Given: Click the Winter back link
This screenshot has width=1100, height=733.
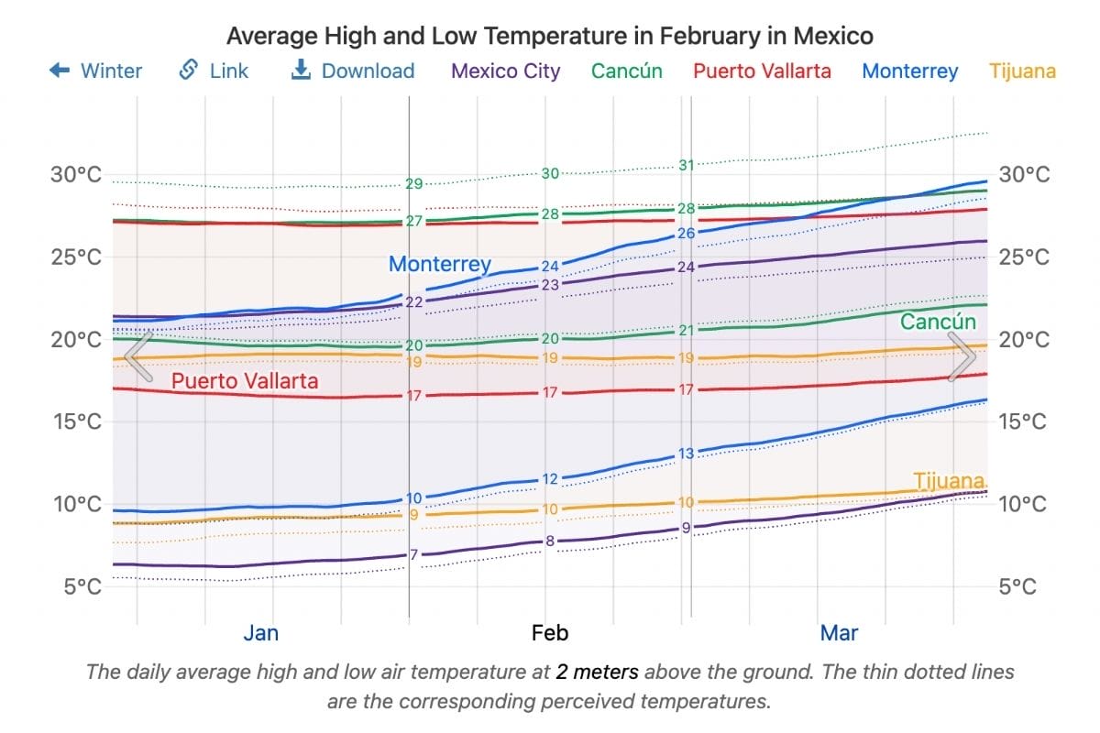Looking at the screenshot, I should click(95, 71).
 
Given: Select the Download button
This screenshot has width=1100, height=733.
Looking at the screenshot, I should click(353, 71).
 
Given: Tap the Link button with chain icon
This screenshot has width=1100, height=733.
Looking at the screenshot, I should click(214, 71).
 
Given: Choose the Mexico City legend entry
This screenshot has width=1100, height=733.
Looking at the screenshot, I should click(506, 71).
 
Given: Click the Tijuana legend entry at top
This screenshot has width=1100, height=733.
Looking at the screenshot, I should click(1023, 71).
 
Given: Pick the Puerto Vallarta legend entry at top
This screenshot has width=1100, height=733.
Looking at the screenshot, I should click(762, 71).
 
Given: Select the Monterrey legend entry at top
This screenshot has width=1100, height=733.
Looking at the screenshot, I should click(910, 71).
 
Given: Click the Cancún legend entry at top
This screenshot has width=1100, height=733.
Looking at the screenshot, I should click(627, 71).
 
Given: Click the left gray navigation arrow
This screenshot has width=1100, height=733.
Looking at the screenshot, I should click(137, 356).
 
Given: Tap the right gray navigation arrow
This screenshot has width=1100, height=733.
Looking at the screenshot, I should click(962, 356).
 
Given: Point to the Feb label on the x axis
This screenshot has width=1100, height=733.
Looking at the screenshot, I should click(550, 633).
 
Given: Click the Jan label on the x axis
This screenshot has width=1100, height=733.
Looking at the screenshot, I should click(261, 633).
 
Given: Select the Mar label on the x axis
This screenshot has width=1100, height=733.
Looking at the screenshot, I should click(839, 633).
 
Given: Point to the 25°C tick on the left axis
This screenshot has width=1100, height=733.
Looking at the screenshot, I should click(76, 257).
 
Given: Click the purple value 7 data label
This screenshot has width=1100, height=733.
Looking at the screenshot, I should click(413, 554).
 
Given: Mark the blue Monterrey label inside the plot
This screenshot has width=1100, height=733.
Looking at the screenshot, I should click(440, 264).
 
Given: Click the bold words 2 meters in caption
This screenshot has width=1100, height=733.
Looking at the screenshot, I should click(597, 672).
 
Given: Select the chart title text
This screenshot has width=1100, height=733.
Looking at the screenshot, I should click(550, 36).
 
